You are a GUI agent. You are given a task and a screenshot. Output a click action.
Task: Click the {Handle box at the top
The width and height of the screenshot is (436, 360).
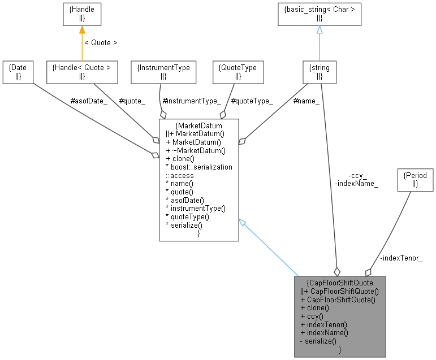pyautogui.click(x=81, y=14)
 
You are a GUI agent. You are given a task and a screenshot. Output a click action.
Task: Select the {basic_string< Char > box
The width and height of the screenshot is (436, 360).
pyautogui.click(x=319, y=14)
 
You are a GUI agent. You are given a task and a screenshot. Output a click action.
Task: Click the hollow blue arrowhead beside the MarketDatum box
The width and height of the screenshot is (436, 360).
pyautogui.click(x=243, y=224)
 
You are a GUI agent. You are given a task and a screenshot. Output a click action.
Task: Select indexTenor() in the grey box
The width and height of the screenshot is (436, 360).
pyautogui.click(x=323, y=324)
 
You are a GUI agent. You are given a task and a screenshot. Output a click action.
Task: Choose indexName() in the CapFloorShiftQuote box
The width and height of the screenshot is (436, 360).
pyautogui.click(x=324, y=333)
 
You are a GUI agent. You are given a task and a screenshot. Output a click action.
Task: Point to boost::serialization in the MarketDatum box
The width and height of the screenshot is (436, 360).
pyautogui.click(x=198, y=167)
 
